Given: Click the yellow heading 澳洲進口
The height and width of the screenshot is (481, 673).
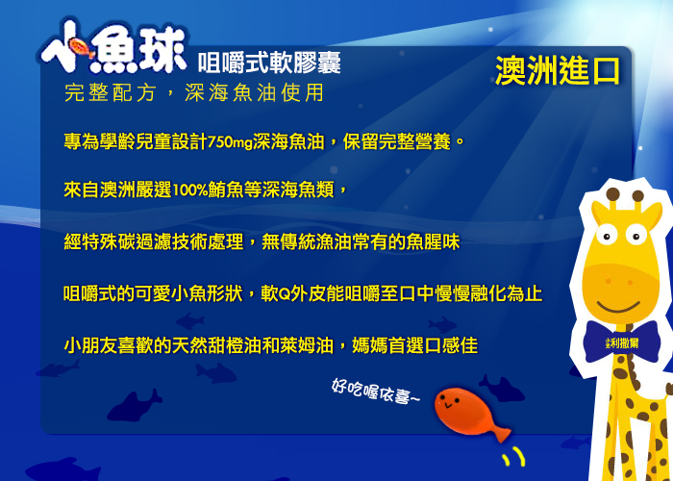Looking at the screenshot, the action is pyautogui.click(x=558, y=71).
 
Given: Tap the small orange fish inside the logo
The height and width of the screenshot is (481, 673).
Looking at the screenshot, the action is pyautogui.click(x=81, y=47).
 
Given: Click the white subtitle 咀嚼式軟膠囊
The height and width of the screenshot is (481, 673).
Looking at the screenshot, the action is pyautogui.click(x=269, y=63).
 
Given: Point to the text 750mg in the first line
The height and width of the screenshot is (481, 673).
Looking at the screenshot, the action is pyautogui.click(x=230, y=141).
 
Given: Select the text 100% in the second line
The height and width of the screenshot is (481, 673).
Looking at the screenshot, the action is pyautogui.click(x=190, y=190).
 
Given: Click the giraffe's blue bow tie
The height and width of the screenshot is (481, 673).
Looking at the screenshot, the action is pyautogui.click(x=621, y=342).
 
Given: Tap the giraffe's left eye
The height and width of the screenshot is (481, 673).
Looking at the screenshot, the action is pyautogui.click(x=606, y=236).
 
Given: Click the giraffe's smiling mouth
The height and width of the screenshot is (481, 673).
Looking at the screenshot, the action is pyautogui.click(x=618, y=308).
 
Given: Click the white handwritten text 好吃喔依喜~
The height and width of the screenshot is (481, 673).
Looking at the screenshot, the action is pyautogui.click(x=376, y=392).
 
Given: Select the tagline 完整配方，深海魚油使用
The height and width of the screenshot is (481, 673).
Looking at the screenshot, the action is pyautogui.click(x=194, y=92).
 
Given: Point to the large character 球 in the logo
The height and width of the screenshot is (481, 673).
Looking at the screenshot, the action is pyautogui.click(x=161, y=50).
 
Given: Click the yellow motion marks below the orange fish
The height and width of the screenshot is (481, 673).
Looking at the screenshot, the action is pyautogui.click(x=513, y=456).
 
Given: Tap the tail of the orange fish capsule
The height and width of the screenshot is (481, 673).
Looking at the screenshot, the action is pyautogui.click(x=501, y=433).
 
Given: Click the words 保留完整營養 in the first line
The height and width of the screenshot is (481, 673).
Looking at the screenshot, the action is pyautogui.click(x=396, y=141).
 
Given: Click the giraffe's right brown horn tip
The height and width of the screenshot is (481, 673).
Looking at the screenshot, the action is pyautogui.click(x=637, y=195).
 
